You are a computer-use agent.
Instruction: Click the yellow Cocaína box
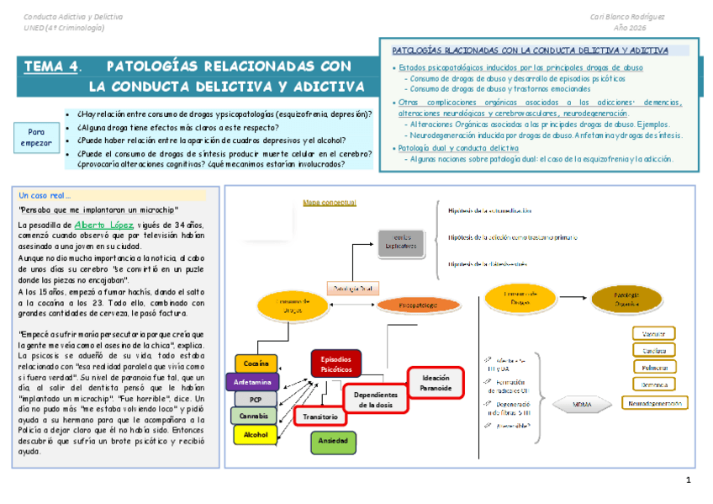(x=256, y=363)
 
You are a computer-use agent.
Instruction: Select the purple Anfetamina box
(x=252, y=381)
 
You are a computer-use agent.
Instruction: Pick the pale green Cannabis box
(x=254, y=416)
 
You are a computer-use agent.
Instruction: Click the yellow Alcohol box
(x=255, y=435)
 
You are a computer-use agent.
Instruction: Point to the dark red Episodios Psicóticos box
(x=336, y=364)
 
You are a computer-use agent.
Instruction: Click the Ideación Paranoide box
(x=436, y=383)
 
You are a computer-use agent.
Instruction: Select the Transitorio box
(x=320, y=416)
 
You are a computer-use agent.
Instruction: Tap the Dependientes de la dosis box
(x=374, y=399)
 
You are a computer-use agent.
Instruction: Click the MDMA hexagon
(x=582, y=405)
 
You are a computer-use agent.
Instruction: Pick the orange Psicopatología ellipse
(x=418, y=305)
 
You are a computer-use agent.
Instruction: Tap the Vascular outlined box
(x=654, y=332)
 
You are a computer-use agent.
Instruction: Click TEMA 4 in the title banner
(x=51, y=66)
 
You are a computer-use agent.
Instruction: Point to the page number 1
(x=688, y=480)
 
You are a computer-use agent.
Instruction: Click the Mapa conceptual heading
(x=330, y=203)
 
